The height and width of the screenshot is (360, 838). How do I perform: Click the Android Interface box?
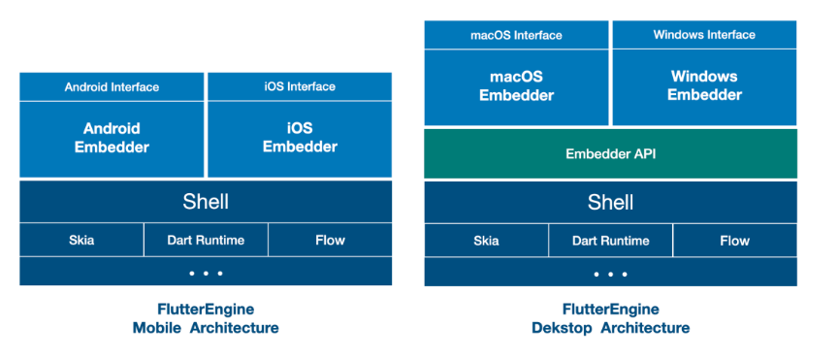coord(112,86)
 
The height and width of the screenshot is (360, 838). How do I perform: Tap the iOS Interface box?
coord(300,86)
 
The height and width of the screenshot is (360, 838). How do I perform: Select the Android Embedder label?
coord(112,138)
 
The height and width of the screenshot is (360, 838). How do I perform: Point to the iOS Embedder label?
coord(300,138)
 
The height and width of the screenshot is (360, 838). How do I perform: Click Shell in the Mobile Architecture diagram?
coord(206,202)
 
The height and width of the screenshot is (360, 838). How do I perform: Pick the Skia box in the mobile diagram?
coord(81,241)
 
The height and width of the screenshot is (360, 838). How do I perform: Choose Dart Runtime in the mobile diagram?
coord(206,241)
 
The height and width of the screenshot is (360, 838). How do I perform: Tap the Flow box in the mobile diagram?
coord(331,241)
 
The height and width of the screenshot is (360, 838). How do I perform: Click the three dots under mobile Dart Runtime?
coord(206,274)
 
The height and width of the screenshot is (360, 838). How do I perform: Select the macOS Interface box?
coord(516,35)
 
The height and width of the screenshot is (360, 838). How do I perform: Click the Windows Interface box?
coord(704,35)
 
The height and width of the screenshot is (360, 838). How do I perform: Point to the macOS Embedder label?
coord(516,85)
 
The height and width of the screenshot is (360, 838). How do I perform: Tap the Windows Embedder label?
coord(704,85)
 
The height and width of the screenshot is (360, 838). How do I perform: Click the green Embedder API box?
coord(610,153)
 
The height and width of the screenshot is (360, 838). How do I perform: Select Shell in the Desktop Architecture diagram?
coord(610,202)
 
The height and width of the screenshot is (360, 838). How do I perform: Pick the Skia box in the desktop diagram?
coord(486,241)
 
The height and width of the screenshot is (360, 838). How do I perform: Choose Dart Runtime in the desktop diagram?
coord(610,241)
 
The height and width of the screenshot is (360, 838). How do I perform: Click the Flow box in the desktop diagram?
coord(735,241)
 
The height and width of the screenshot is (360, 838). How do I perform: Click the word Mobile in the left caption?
coord(156,327)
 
